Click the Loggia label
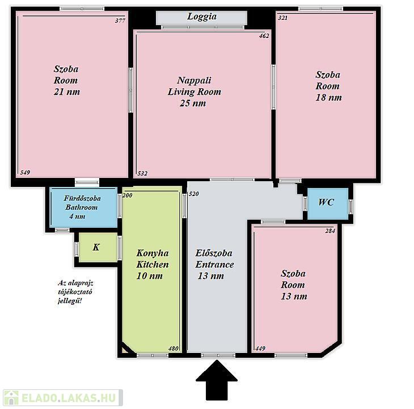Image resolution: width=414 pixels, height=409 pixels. (202, 16)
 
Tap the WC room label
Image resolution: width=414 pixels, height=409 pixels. (326, 202)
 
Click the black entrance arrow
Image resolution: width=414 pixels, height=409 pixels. (217, 380)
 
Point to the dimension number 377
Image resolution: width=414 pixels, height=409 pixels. (120, 20)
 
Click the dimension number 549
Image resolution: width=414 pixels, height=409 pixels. (25, 172)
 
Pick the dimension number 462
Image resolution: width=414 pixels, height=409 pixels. (264, 36)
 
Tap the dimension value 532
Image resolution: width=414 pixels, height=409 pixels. (142, 173)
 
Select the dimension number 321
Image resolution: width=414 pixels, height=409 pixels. (283, 18)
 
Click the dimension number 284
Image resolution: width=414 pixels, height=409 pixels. (330, 231)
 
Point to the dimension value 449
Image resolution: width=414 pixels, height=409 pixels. (260, 348)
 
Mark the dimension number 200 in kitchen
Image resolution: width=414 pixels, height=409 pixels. (128, 195)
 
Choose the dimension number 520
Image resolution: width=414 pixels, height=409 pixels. (194, 194)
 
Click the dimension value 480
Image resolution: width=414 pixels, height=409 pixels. (174, 348)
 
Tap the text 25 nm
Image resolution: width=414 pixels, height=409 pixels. (193, 103)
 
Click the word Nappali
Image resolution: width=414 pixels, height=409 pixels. (194, 80)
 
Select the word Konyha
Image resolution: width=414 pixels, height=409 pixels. (153, 253)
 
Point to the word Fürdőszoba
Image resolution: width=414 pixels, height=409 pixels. (82, 198)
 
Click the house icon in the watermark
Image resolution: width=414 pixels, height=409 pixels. (11, 398)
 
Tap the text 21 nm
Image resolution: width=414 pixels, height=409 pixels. (67, 92)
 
